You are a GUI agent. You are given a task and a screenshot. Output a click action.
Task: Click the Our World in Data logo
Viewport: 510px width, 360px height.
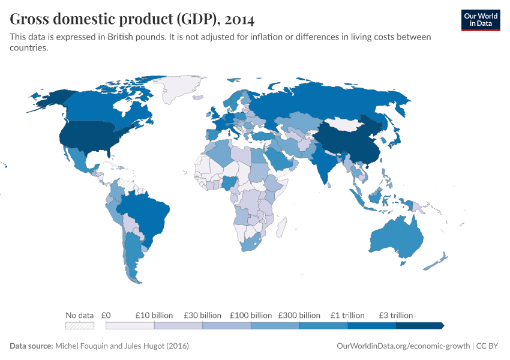(x=480, y=19)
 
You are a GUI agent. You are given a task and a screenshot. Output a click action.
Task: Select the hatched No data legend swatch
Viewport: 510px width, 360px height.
(x=79, y=326)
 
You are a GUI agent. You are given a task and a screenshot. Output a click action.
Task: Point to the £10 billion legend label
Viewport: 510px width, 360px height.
(x=154, y=315)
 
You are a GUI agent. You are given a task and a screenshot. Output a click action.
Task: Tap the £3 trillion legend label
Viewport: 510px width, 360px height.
(x=395, y=315)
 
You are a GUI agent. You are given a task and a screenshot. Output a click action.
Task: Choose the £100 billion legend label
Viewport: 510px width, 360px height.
(x=251, y=315)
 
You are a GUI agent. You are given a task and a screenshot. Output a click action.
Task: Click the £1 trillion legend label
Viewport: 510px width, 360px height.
(x=347, y=315)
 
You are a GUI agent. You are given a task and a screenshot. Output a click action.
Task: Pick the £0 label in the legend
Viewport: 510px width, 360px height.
(x=106, y=315)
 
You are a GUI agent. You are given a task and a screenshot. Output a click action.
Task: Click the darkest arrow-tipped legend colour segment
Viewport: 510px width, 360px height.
(x=419, y=326)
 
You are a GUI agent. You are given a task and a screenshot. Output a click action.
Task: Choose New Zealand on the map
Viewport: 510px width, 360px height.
(x=437, y=262)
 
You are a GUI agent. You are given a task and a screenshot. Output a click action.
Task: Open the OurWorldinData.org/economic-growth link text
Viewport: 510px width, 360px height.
(x=403, y=346)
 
